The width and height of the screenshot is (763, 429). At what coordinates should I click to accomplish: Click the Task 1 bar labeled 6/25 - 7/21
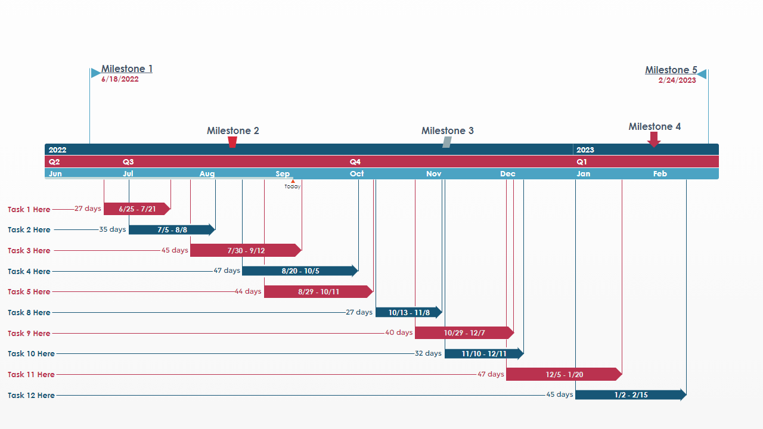click(x=137, y=209)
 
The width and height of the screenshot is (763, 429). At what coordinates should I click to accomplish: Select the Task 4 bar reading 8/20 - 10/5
click(x=300, y=271)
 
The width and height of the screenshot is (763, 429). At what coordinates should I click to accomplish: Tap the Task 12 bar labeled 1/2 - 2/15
click(x=630, y=395)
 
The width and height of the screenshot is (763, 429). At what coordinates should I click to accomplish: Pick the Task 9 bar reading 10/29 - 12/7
click(x=464, y=333)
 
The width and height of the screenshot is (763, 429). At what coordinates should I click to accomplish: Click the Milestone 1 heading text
click(x=126, y=69)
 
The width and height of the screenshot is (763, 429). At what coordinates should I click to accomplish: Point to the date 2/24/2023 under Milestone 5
click(x=677, y=80)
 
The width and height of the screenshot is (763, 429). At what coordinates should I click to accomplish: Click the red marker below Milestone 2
click(x=232, y=142)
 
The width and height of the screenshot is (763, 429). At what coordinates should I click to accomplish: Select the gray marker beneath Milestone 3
click(x=446, y=142)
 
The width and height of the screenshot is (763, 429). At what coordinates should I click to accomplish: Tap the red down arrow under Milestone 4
click(x=654, y=139)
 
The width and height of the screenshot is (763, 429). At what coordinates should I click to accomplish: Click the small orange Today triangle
click(x=293, y=181)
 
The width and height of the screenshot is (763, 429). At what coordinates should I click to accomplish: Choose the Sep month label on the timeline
click(x=283, y=174)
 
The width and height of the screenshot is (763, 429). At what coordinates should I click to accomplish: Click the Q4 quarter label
click(x=355, y=162)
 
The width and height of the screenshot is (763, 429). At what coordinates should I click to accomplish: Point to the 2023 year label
click(x=585, y=150)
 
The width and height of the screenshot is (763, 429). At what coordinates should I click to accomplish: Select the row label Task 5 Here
click(x=29, y=292)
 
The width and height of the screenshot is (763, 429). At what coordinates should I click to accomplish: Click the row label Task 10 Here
click(x=31, y=354)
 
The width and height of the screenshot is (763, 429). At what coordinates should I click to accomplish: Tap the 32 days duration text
click(x=428, y=353)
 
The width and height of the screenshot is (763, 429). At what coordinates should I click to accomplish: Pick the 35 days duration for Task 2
click(x=112, y=229)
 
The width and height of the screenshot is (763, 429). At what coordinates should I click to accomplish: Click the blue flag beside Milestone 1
click(x=95, y=73)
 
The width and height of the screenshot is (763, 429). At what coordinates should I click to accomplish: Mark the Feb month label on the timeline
click(x=660, y=174)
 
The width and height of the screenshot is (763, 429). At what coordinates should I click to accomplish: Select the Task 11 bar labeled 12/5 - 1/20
click(x=563, y=375)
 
